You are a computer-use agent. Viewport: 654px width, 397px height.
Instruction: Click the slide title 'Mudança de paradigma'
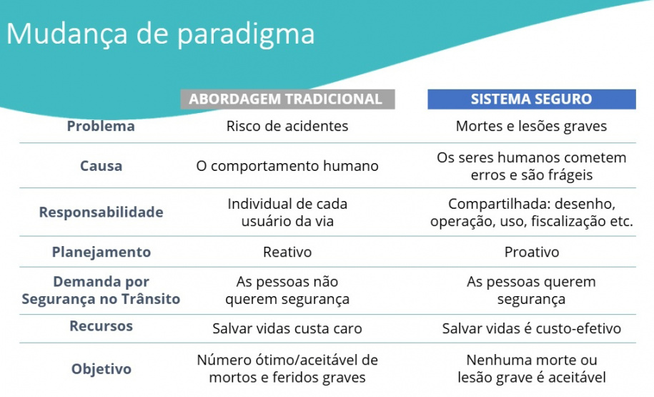point(160,34)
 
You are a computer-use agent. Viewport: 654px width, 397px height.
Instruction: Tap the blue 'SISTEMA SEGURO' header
point(531,99)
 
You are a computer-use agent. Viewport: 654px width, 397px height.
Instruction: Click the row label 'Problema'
point(101,127)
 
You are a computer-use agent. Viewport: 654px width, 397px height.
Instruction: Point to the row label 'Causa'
point(101,166)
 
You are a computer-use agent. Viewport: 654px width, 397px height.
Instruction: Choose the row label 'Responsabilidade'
point(101,212)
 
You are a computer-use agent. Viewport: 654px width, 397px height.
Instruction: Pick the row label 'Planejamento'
point(101,252)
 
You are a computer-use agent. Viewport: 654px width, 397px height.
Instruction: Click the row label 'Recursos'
point(101,326)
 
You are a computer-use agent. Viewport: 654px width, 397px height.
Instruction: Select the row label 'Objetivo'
point(101,369)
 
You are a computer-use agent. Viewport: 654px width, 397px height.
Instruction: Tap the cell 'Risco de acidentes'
point(287,127)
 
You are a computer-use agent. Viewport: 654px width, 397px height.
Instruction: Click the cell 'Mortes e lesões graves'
point(531,127)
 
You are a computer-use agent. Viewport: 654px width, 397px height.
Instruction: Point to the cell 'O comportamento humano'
point(287,166)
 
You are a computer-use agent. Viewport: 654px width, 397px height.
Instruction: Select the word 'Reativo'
point(287,253)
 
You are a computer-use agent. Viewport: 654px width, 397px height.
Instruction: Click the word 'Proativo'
point(531,253)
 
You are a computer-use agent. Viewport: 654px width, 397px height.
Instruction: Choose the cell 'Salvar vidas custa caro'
point(287,329)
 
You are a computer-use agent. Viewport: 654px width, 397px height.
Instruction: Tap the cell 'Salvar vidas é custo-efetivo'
point(531,329)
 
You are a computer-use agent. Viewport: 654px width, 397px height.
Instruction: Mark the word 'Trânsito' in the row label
point(150,300)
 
